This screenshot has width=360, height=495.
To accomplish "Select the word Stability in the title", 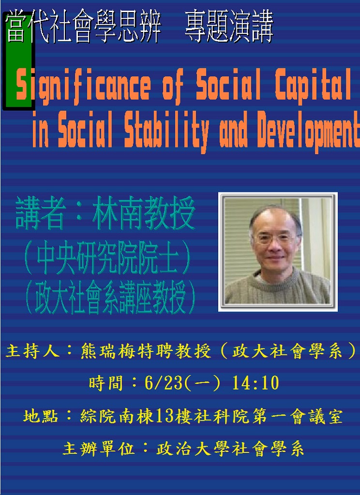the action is pyautogui.click(x=166, y=131).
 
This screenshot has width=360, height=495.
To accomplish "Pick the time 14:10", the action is pyautogui.click(x=255, y=383).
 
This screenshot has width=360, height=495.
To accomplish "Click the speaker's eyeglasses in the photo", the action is pyautogui.click(x=274, y=239).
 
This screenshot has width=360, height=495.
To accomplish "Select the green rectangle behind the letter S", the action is pyautogui.click(x=19, y=61).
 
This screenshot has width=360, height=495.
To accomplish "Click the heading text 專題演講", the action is pyautogui.click(x=229, y=27).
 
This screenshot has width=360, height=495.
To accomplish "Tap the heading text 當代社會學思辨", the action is pyautogui.click(x=83, y=27).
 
